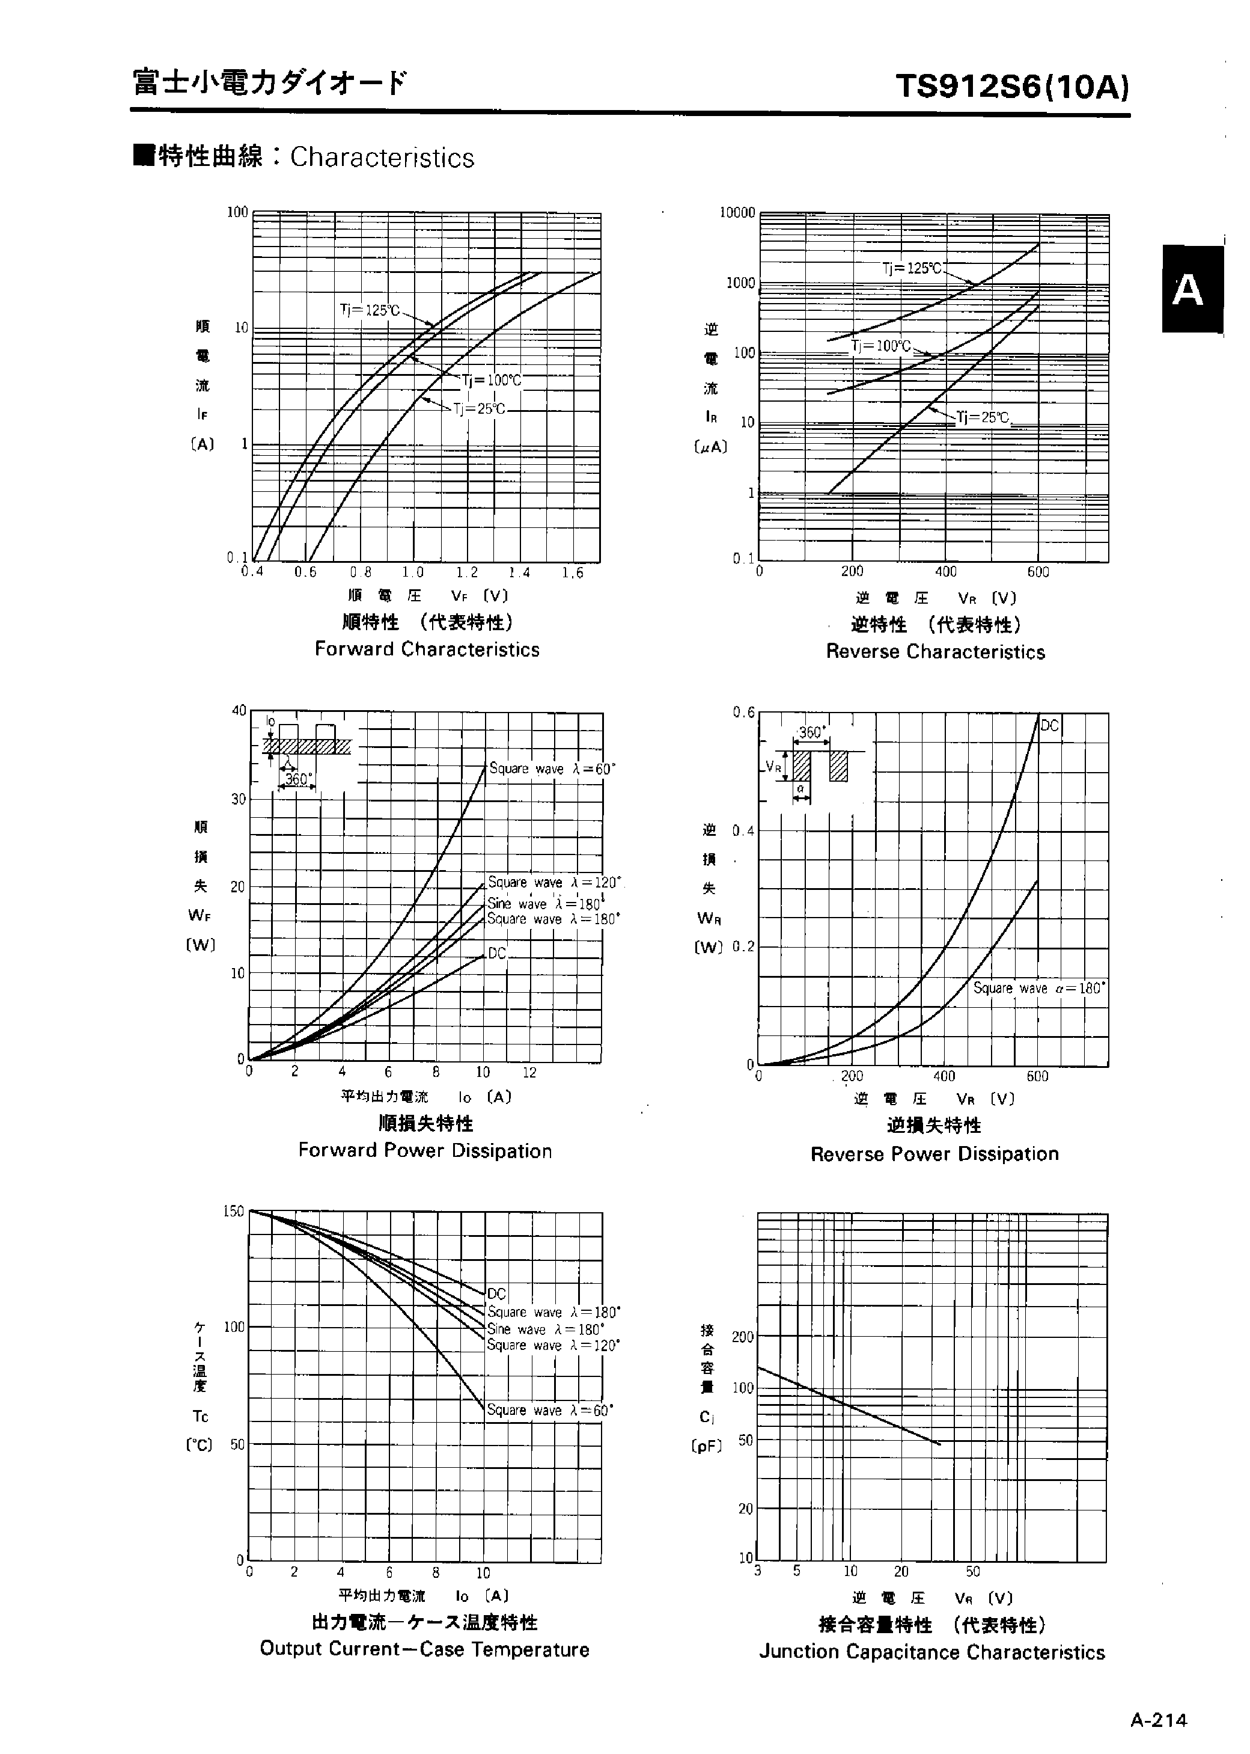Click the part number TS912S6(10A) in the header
(1012, 87)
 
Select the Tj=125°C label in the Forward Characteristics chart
(370, 310)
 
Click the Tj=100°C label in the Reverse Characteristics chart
(880, 346)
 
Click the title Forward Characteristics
(427, 649)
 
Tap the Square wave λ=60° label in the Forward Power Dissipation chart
(552, 768)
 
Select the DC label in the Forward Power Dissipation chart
(497, 953)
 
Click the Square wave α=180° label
(1038, 988)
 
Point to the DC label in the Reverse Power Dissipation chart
(1050, 725)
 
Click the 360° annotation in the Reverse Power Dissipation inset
(811, 732)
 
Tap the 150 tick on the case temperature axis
(233, 1211)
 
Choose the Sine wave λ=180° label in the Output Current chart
(545, 1329)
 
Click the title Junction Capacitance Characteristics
(931, 1652)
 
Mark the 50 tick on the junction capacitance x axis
(973, 1571)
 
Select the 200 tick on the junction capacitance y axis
(742, 1337)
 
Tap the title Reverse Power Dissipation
(934, 1153)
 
